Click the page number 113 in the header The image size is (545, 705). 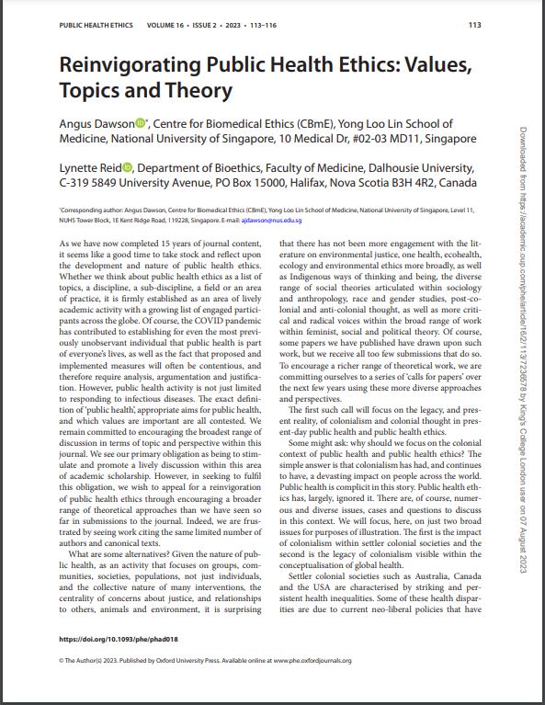pos(474,25)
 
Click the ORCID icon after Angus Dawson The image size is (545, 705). pos(141,123)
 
